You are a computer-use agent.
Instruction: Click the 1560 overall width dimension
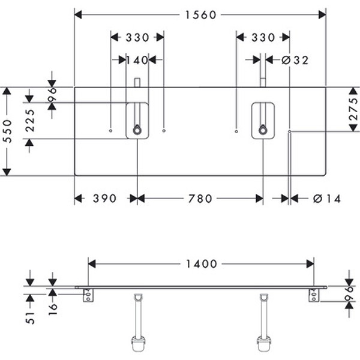click(200, 15)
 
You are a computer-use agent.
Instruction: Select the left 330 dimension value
click(137, 37)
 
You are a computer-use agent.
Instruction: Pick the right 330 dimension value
click(263, 37)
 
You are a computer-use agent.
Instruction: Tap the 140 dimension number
click(137, 59)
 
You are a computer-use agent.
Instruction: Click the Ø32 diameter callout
click(294, 59)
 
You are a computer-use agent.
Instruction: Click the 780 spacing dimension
click(200, 199)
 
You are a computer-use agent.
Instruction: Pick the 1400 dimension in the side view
click(202, 263)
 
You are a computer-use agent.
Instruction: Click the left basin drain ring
click(137, 129)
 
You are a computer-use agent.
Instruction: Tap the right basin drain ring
click(263, 129)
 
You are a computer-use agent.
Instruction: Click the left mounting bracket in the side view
click(88, 295)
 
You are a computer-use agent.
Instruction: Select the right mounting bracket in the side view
click(313, 295)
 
